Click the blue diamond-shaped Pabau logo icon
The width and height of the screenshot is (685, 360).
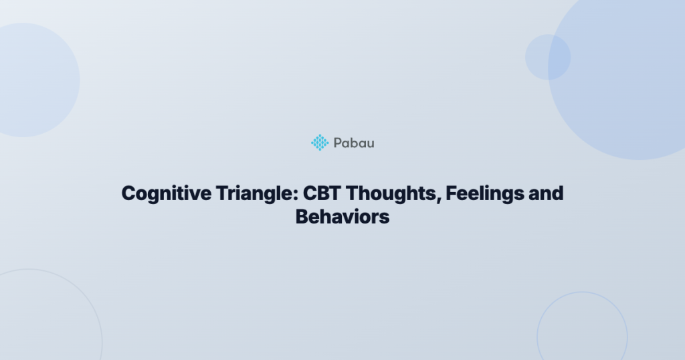pyautogui.click(x=320, y=143)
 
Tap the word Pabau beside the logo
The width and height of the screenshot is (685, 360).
pyautogui.click(x=354, y=143)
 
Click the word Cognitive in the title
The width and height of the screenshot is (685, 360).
pyautogui.click(x=167, y=194)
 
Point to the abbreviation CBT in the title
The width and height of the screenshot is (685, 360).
pyautogui.click(x=322, y=193)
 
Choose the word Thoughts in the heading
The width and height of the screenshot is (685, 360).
pyautogui.click(x=393, y=193)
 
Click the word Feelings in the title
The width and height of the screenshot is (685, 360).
pyautogui.click(x=485, y=194)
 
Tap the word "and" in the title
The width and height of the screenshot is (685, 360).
pyautogui.click(x=546, y=193)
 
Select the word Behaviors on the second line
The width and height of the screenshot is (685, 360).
pyautogui.click(x=342, y=217)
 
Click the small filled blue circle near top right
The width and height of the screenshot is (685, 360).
pyautogui.click(x=548, y=58)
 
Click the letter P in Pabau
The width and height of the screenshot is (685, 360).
pyautogui.click(x=338, y=143)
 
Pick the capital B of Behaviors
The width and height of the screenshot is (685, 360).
pyautogui.click(x=302, y=217)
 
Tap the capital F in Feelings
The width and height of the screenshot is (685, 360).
pyautogui.click(x=452, y=193)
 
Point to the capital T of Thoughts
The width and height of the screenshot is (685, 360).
pyautogui.click(x=352, y=193)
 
